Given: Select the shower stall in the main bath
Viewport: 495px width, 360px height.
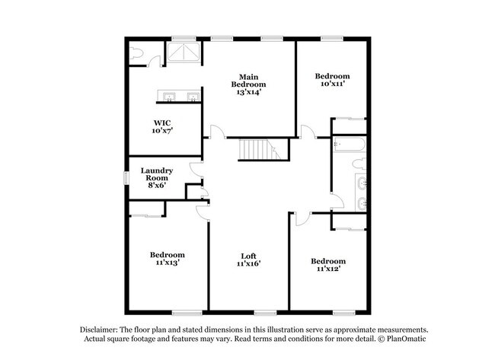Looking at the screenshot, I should click(x=182, y=53).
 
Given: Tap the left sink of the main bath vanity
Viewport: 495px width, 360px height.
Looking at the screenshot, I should click(x=169, y=96).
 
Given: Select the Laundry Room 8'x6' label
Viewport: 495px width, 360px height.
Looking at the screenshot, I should click(x=157, y=177).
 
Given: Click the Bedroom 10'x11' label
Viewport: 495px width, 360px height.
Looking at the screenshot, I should click(x=332, y=80).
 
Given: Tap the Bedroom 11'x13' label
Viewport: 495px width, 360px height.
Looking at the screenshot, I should click(x=166, y=259).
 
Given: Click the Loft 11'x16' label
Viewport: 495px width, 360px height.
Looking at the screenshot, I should click(x=248, y=260).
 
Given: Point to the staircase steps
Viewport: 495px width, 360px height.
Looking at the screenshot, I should click(x=256, y=150).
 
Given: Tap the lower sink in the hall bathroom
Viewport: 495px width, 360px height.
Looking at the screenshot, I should click(x=361, y=203).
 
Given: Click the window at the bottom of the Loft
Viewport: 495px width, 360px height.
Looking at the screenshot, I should click(x=265, y=313).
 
